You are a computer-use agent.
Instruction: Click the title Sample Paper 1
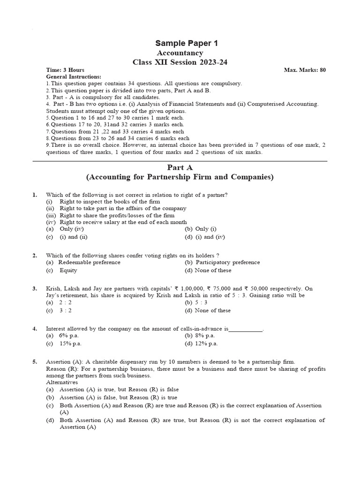coord(180,43)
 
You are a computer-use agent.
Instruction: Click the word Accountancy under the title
coord(180,53)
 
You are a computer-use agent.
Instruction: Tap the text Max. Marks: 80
coord(305,70)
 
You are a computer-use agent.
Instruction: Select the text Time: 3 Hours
coord(65,70)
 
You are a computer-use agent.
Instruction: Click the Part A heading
coord(180,167)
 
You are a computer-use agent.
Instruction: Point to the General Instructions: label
coord(74,76)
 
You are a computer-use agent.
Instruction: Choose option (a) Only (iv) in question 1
coord(67,229)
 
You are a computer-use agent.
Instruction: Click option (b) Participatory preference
coord(222,262)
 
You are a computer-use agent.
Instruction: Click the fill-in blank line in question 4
coord(246,330)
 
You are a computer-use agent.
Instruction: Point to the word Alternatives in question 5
coord(62,382)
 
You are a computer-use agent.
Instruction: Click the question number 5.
coord(35,362)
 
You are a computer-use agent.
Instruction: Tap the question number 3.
coord(35,289)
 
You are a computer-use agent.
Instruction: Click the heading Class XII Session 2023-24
coord(180,62)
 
